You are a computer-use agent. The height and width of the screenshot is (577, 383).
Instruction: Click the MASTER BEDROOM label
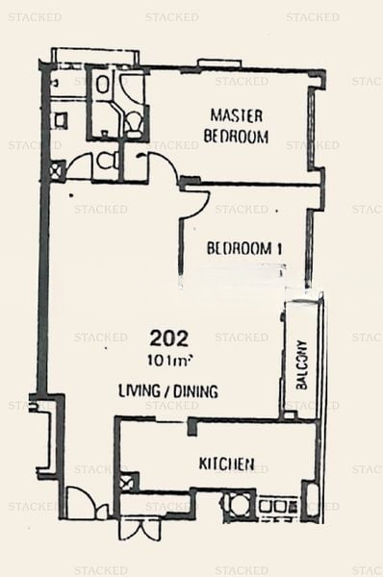[236, 126]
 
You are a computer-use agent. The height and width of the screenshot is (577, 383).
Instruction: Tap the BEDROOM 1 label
[244, 248]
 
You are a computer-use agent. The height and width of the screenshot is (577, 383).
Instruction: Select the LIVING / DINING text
[168, 391]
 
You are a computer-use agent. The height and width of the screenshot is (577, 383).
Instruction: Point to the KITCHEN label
[226, 464]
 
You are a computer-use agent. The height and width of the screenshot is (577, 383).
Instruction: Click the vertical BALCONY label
[301, 364]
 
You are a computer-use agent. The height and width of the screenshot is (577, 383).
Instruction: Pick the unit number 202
[169, 339]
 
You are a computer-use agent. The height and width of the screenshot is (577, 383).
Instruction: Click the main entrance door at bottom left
[86, 502]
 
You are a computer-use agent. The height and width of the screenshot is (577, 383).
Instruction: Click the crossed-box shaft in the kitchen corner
[127, 482]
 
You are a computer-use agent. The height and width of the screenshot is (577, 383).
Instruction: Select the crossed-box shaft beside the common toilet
[58, 170]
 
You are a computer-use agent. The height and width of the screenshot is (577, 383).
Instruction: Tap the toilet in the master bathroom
[133, 122]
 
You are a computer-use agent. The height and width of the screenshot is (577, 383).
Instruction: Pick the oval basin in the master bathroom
[102, 85]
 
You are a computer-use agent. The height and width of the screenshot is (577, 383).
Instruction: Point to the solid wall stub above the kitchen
[191, 427]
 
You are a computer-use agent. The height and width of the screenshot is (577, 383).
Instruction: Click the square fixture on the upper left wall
[61, 119]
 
